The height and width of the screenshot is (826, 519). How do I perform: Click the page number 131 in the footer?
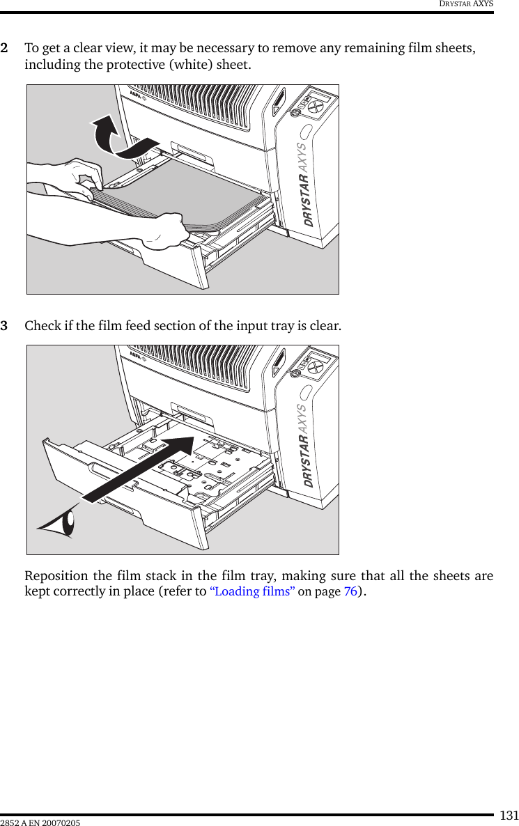tap(510, 815)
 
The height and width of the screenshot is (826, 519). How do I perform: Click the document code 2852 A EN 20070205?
tap(40, 823)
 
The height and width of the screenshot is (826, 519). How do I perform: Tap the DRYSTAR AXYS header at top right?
tap(465, 4)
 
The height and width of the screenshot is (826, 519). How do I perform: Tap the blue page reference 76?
tap(350, 591)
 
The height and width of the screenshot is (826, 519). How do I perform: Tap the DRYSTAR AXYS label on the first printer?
tap(307, 185)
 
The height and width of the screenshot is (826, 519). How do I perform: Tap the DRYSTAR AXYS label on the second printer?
tap(307, 446)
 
